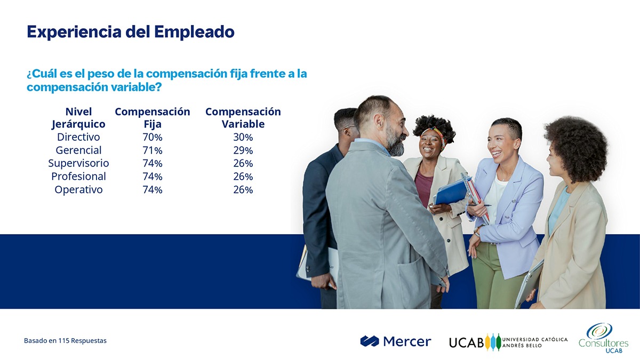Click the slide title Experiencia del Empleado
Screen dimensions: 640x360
click(131, 32)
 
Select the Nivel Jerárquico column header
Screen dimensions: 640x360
click(78, 118)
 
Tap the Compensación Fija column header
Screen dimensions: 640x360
click(153, 118)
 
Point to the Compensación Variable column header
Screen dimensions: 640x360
click(243, 118)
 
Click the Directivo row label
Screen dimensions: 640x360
click(78, 137)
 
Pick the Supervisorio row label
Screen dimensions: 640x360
click(78, 163)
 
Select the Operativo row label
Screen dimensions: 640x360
click(78, 190)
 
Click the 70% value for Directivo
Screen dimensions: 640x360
click(153, 138)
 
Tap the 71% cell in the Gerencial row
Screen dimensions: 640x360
click(153, 150)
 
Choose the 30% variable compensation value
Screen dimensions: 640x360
click(243, 138)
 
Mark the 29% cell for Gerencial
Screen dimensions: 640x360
click(243, 150)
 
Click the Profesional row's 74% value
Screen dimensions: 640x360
click(153, 177)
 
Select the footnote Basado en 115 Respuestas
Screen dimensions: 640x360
click(65, 341)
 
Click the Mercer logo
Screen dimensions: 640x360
click(396, 341)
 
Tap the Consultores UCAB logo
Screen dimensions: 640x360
click(603, 338)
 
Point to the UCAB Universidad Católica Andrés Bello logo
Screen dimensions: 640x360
click(508, 342)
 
